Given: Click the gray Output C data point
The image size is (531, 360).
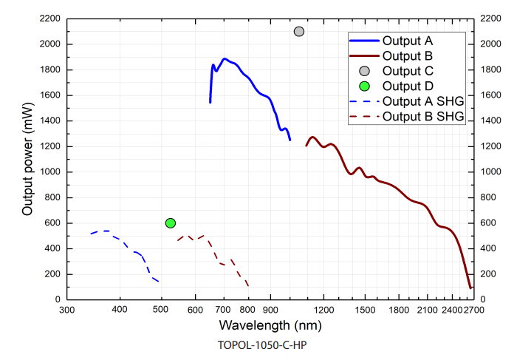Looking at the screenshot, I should click(x=299, y=31).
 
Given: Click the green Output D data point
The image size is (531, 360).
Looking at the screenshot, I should click(x=171, y=223).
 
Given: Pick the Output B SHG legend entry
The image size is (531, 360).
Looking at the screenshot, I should click(x=423, y=117).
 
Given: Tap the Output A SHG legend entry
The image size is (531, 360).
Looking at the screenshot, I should click(x=423, y=101).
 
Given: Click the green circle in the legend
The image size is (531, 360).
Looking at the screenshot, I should click(x=364, y=86).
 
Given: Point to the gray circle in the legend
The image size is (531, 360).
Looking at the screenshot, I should click(x=364, y=70).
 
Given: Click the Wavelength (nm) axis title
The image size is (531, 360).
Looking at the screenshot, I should click(x=270, y=325).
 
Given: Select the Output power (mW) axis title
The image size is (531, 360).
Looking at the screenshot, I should click(x=28, y=158).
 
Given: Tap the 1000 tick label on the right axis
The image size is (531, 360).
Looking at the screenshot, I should click(x=492, y=172).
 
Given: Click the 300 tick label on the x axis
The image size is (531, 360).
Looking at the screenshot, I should click(x=66, y=311).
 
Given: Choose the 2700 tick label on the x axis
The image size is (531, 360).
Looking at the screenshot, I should click(x=473, y=311).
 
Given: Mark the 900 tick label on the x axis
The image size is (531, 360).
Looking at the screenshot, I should click(x=270, y=311).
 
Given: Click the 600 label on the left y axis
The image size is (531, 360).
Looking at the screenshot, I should click(x=54, y=223).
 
